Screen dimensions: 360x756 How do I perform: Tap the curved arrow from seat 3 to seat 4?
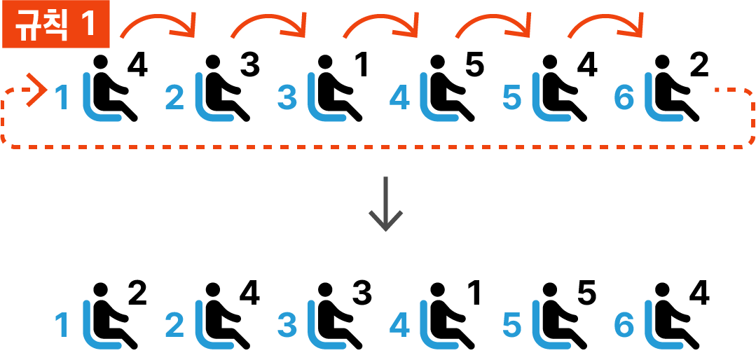(382, 25)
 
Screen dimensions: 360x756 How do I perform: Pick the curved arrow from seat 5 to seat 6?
(606, 25)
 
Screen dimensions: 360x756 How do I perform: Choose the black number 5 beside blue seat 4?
(474, 67)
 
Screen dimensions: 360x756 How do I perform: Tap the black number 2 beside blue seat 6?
(699, 67)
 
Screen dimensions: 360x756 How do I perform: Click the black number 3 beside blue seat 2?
(249, 67)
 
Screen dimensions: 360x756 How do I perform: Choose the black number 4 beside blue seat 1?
(137, 67)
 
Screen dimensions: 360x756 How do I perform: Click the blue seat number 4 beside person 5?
(399, 99)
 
